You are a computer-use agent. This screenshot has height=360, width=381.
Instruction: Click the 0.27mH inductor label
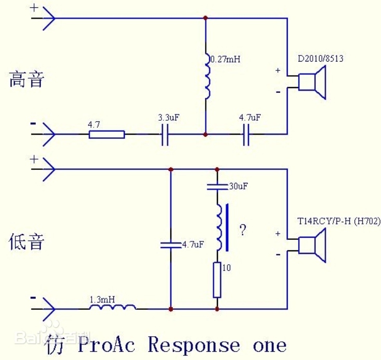point(225,60)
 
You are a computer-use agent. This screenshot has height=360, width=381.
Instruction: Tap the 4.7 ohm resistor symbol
point(107,135)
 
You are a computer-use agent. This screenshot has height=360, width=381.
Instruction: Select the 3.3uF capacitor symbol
point(165,135)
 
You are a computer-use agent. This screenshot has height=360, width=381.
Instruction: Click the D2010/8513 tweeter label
point(320,59)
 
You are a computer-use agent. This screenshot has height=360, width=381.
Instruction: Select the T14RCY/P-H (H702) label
point(339,222)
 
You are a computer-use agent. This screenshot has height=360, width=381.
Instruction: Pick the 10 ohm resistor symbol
point(217,280)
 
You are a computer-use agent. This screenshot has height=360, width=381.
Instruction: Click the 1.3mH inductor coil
point(113,308)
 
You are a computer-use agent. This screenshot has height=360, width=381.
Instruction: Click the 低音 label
point(27,242)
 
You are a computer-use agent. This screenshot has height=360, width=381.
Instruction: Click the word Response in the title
point(194,345)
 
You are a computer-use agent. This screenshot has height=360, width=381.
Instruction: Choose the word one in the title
point(269,345)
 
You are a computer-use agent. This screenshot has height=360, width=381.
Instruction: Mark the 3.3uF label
point(169,118)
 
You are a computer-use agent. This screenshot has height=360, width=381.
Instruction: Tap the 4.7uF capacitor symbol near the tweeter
point(246,135)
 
